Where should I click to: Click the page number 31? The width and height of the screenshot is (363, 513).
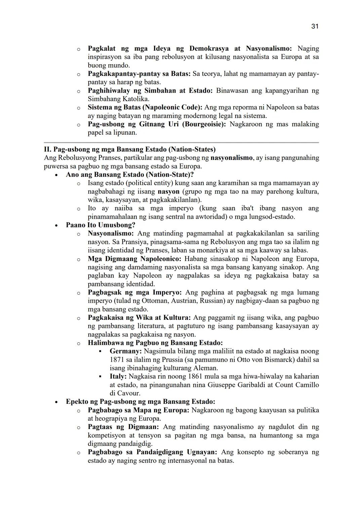pos(315,26)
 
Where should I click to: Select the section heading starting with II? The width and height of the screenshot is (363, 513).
pos(130,149)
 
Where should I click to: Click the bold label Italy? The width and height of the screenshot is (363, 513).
pos(118,376)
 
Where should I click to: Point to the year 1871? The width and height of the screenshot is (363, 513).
pos(117,359)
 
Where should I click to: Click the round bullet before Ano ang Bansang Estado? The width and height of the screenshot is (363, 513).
pos(56,175)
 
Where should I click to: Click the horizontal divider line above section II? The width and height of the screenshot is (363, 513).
pos(182,142)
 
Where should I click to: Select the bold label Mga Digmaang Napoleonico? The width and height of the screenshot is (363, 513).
pos(134,259)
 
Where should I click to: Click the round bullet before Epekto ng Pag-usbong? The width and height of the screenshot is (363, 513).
pos(56,402)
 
